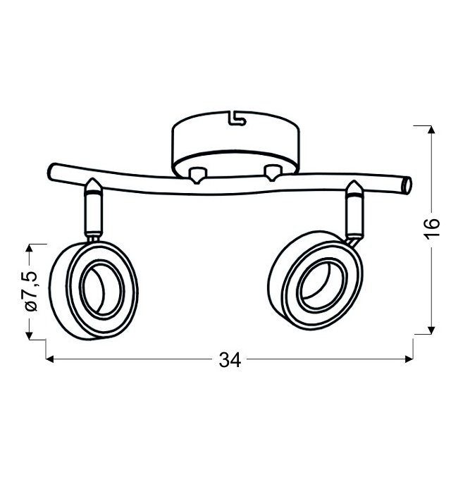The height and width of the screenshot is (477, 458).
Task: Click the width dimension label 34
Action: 230,360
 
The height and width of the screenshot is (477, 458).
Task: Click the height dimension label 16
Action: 433,228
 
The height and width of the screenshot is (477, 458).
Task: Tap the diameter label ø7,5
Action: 31,291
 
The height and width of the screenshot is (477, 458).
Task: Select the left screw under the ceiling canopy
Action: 197,175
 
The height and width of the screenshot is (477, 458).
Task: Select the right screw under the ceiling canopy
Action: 273,173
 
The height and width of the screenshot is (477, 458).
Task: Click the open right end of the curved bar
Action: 407,185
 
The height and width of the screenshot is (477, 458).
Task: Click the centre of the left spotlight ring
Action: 103,288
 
